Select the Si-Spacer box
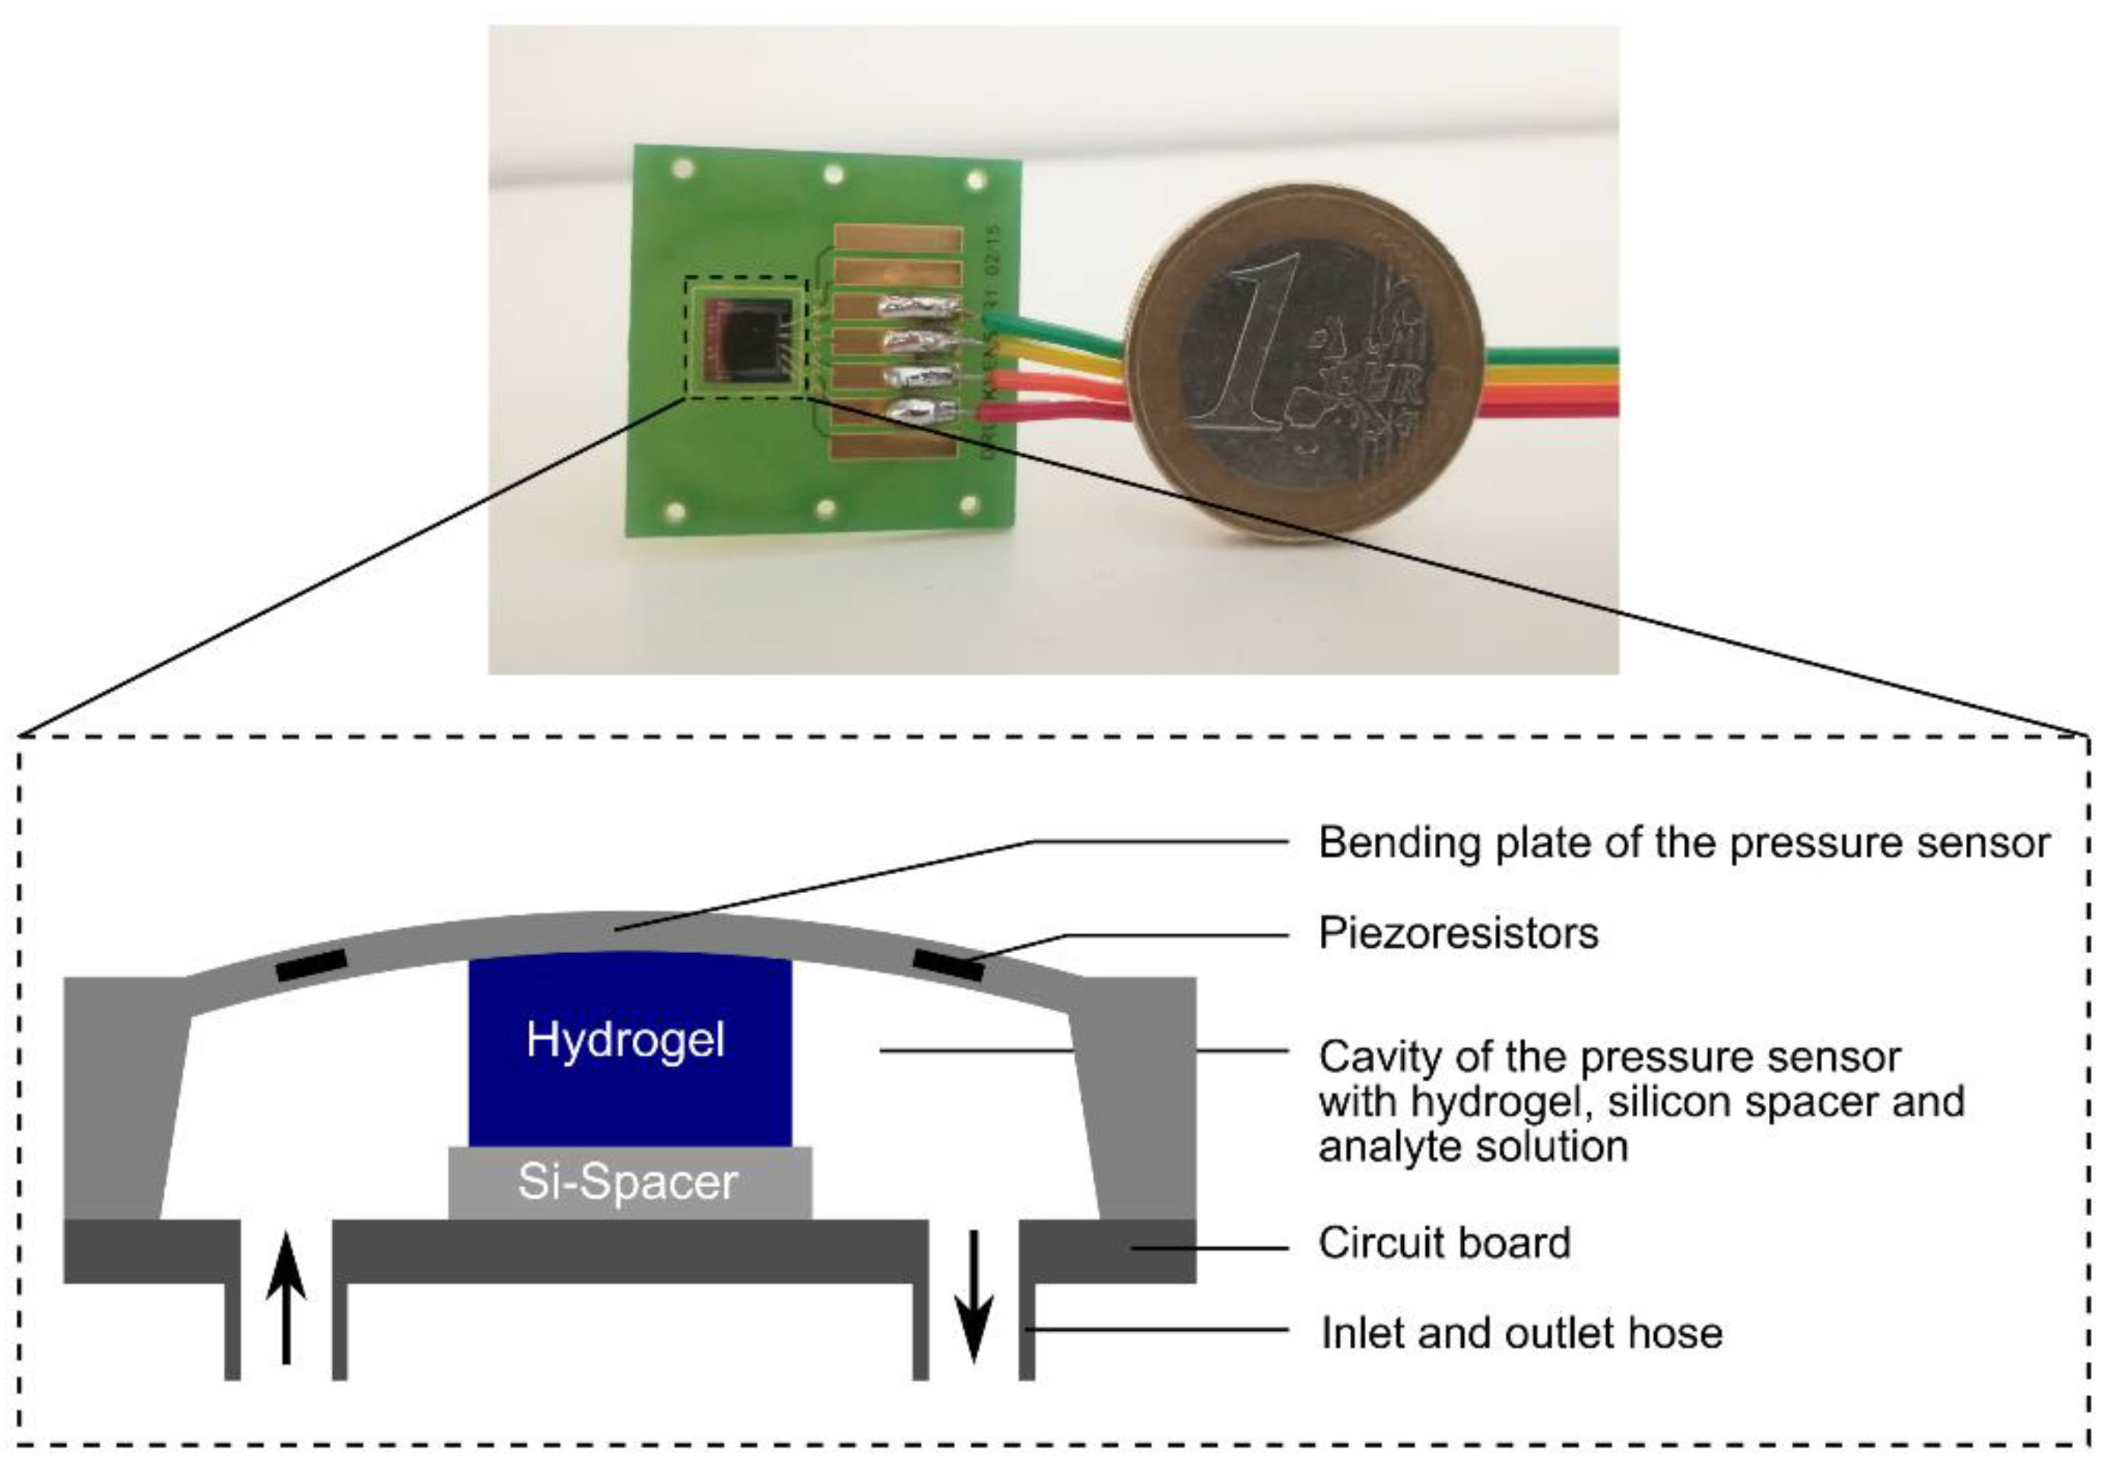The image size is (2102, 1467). pyautogui.click(x=629, y=1183)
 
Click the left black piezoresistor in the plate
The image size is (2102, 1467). pyautogui.click(x=311, y=965)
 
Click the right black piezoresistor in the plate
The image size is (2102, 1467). pyautogui.click(x=949, y=965)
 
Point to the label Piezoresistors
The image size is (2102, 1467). pyautogui.click(x=1458, y=933)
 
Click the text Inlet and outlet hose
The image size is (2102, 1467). pyautogui.click(x=1521, y=1332)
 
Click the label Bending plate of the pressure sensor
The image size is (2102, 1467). pyautogui.click(x=1683, y=843)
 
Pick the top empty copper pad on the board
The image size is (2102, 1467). pyautogui.click(x=898, y=239)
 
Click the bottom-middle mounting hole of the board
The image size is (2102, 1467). pyautogui.click(x=825, y=508)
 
